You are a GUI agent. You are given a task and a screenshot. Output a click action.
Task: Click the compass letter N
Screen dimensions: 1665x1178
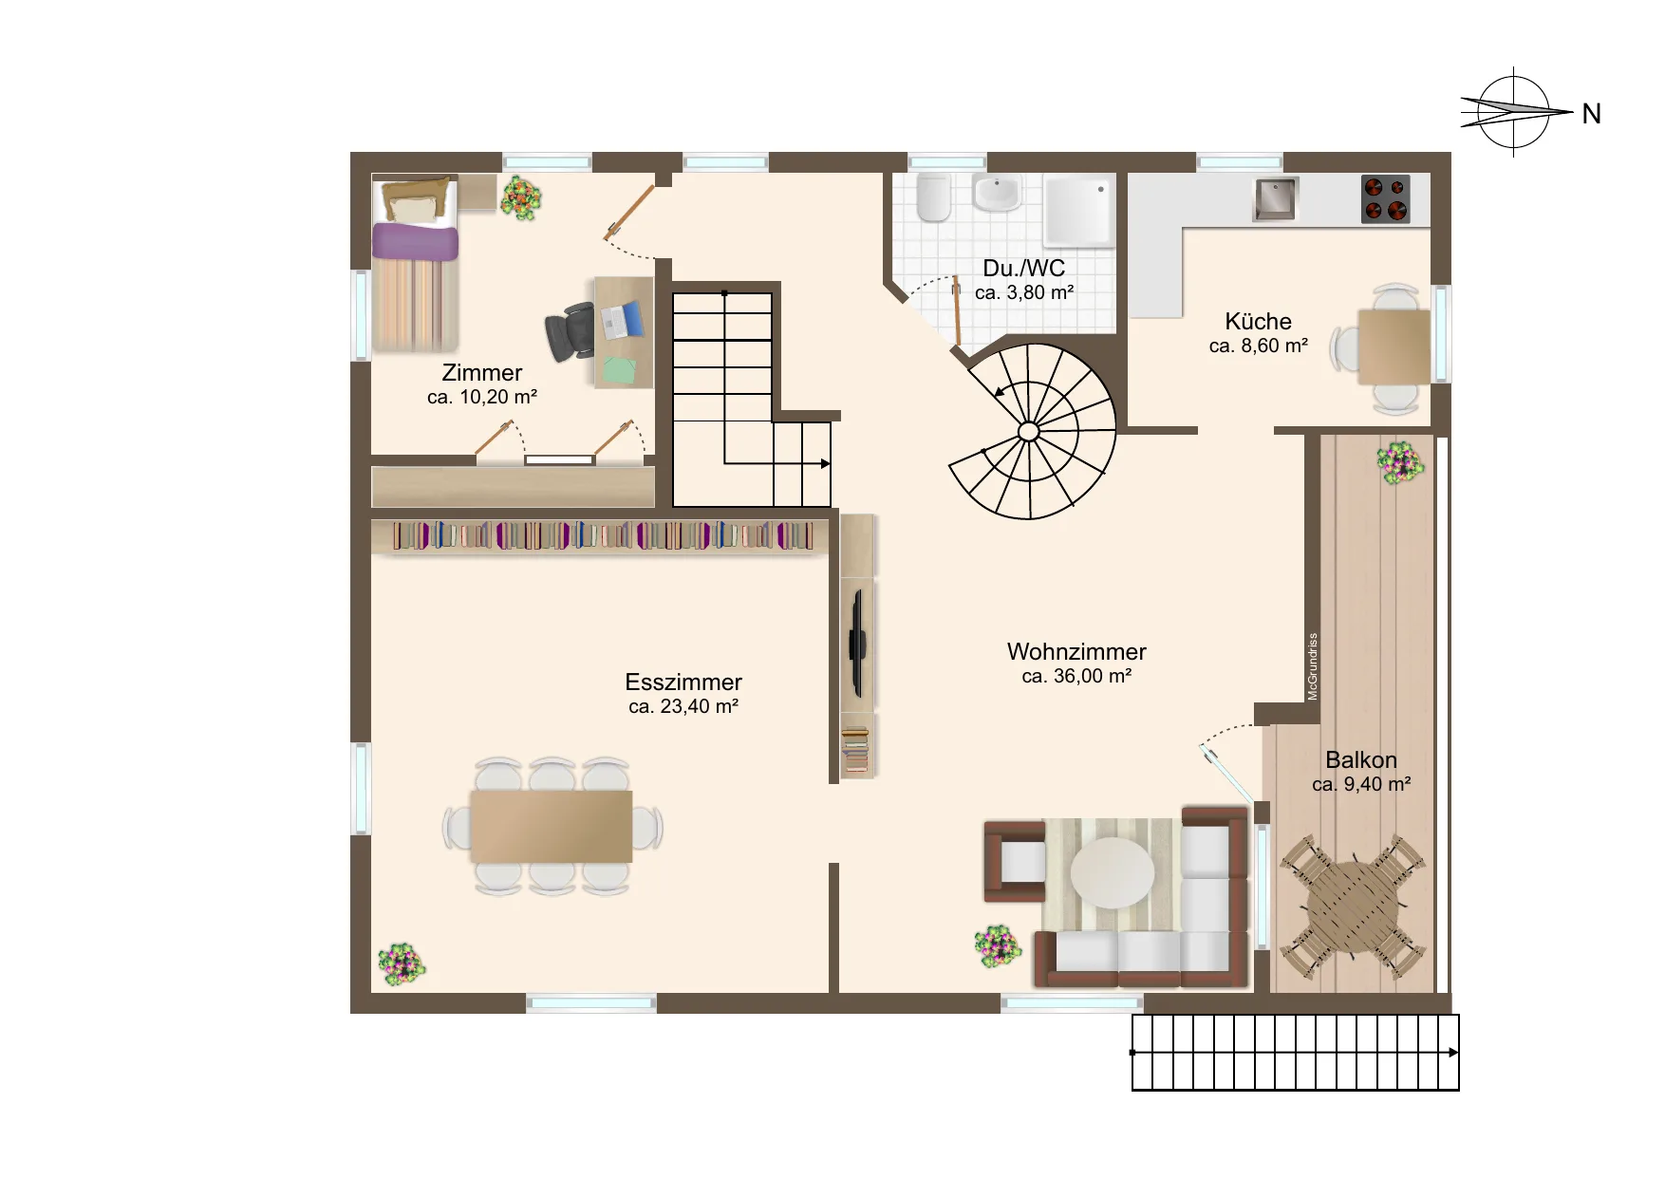(1592, 114)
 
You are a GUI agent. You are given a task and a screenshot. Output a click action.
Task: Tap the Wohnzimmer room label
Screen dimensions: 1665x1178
(1076, 652)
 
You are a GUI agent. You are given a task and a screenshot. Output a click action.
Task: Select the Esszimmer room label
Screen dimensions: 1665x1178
(683, 682)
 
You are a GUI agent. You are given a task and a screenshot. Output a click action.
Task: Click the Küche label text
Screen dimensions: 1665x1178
(1258, 322)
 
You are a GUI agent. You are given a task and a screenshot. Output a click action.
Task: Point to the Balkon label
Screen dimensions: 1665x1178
(1361, 760)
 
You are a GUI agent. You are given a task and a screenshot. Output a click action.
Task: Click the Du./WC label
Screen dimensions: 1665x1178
(1024, 269)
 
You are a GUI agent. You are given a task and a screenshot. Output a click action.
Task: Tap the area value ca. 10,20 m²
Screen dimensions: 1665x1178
(482, 398)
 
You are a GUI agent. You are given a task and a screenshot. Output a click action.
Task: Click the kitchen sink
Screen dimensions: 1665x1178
(1275, 198)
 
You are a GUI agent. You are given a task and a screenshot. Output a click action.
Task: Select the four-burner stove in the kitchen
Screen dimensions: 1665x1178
(1385, 198)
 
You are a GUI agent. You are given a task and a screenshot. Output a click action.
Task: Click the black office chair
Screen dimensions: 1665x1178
(570, 331)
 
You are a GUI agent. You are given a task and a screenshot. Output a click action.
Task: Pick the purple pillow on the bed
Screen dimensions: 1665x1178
(415, 241)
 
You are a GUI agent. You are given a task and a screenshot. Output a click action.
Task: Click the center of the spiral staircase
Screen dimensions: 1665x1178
(1028, 432)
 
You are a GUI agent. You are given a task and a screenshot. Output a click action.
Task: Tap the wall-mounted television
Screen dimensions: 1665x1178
(857, 643)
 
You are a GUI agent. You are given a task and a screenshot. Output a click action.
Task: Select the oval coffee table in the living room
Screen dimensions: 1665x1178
(1113, 872)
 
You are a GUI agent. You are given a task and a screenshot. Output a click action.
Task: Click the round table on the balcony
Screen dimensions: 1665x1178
(1353, 907)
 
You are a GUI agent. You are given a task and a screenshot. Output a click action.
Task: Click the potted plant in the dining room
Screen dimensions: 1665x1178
(402, 964)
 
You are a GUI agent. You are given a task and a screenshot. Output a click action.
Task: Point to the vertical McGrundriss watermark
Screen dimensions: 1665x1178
(1313, 666)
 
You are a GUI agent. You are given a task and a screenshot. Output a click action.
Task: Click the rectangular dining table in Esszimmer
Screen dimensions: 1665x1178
(552, 827)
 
